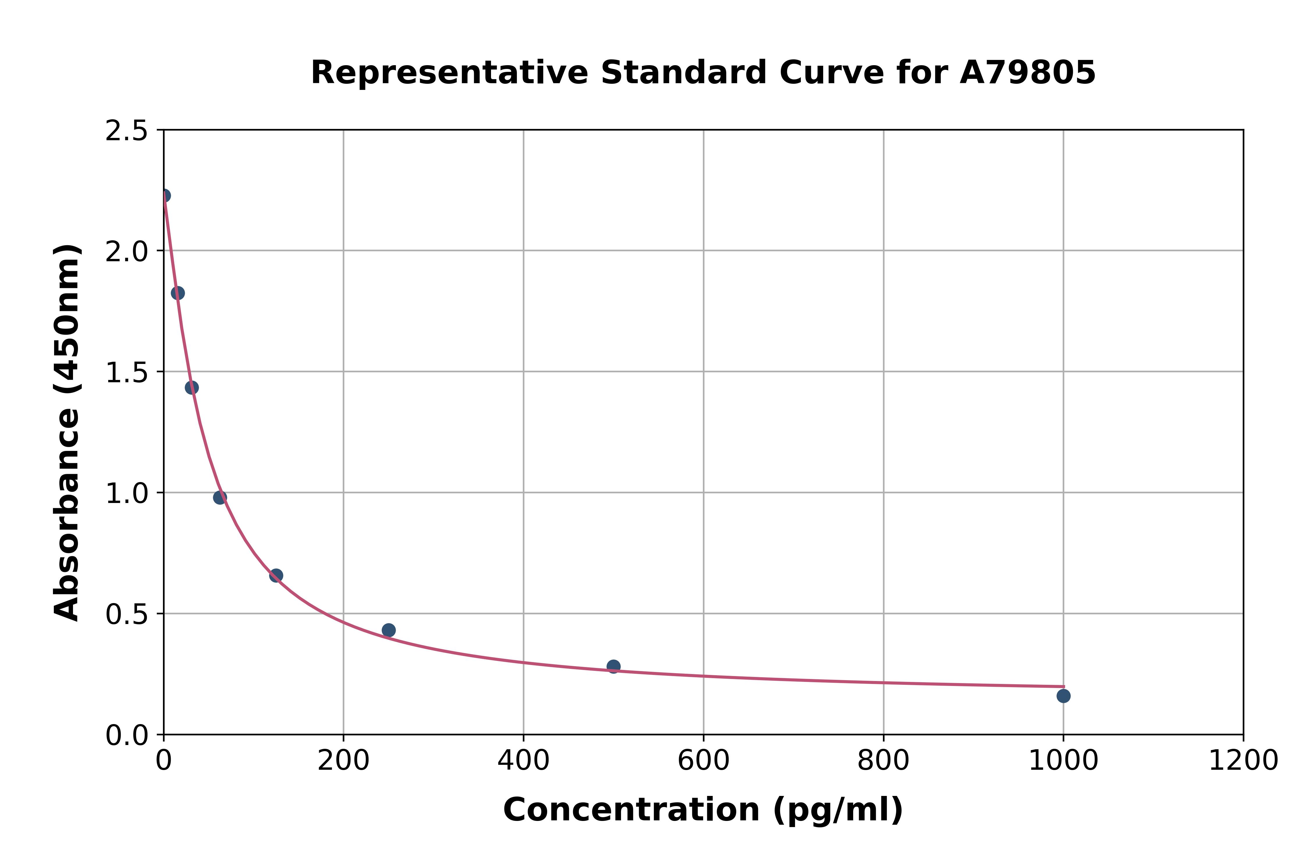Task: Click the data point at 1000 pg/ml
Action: point(1063,696)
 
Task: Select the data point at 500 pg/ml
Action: point(613,666)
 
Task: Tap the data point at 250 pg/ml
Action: point(388,630)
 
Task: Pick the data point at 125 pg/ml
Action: point(276,575)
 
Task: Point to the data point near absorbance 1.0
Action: point(220,497)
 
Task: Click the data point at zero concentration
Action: point(164,195)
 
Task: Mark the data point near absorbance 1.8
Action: point(177,293)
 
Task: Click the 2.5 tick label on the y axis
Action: point(127,131)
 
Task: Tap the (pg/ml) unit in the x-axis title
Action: point(837,810)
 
